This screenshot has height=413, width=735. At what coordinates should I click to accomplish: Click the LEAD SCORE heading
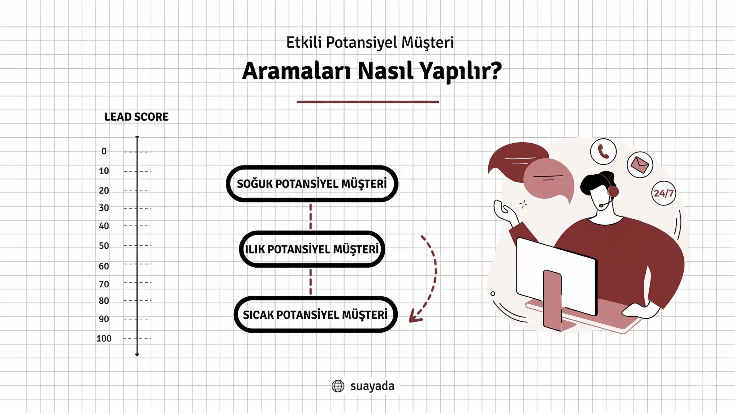(x=136, y=117)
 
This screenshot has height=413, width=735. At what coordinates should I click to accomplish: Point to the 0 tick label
(x=104, y=151)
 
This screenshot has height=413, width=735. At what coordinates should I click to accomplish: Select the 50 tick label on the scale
(x=104, y=246)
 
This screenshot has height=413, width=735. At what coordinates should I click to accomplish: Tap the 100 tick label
(x=104, y=339)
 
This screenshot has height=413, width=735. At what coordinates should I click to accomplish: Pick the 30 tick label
(x=104, y=208)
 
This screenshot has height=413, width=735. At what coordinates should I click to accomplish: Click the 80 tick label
(x=104, y=301)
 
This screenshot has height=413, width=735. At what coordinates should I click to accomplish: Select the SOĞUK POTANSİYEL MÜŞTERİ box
(x=312, y=184)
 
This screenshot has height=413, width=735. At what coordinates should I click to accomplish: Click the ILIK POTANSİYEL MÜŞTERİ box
(x=312, y=249)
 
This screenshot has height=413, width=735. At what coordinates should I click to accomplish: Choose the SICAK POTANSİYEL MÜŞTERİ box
(x=315, y=315)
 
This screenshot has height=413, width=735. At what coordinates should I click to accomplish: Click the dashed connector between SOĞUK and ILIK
(x=311, y=217)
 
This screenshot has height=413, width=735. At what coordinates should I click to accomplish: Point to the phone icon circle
(x=603, y=151)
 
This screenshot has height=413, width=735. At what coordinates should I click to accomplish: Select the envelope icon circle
(x=640, y=165)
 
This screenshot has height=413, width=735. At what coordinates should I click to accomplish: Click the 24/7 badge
(x=664, y=193)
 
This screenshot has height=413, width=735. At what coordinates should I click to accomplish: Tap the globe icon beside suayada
(x=338, y=386)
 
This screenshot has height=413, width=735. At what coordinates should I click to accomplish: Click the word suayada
(x=372, y=386)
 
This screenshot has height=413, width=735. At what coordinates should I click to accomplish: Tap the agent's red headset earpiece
(x=613, y=191)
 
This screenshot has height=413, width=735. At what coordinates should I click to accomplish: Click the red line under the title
(x=368, y=102)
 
